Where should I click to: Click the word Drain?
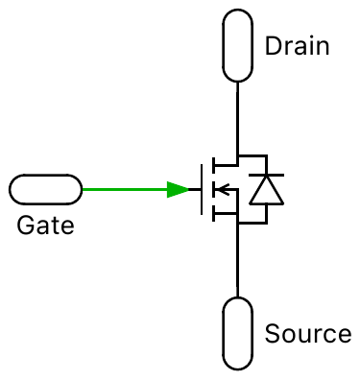pyautogui.click(x=297, y=46)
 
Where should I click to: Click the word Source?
pyautogui.click(x=307, y=335)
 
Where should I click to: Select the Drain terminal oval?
pyautogui.click(x=237, y=46)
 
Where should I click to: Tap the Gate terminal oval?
pyautogui.click(x=45, y=189)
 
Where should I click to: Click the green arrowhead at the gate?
pyautogui.click(x=179, y=189)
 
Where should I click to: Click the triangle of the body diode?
pyautogui.click(x=266, y=193)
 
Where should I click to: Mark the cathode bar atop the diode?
pyautogui.click(x=266, y=178)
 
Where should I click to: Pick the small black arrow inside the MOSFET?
pyautogui.click(x=220, y=189)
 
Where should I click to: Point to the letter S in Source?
pyautogui.click(x=272, y=335)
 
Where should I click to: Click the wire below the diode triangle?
pyautogui.click(x=266, y=215)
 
